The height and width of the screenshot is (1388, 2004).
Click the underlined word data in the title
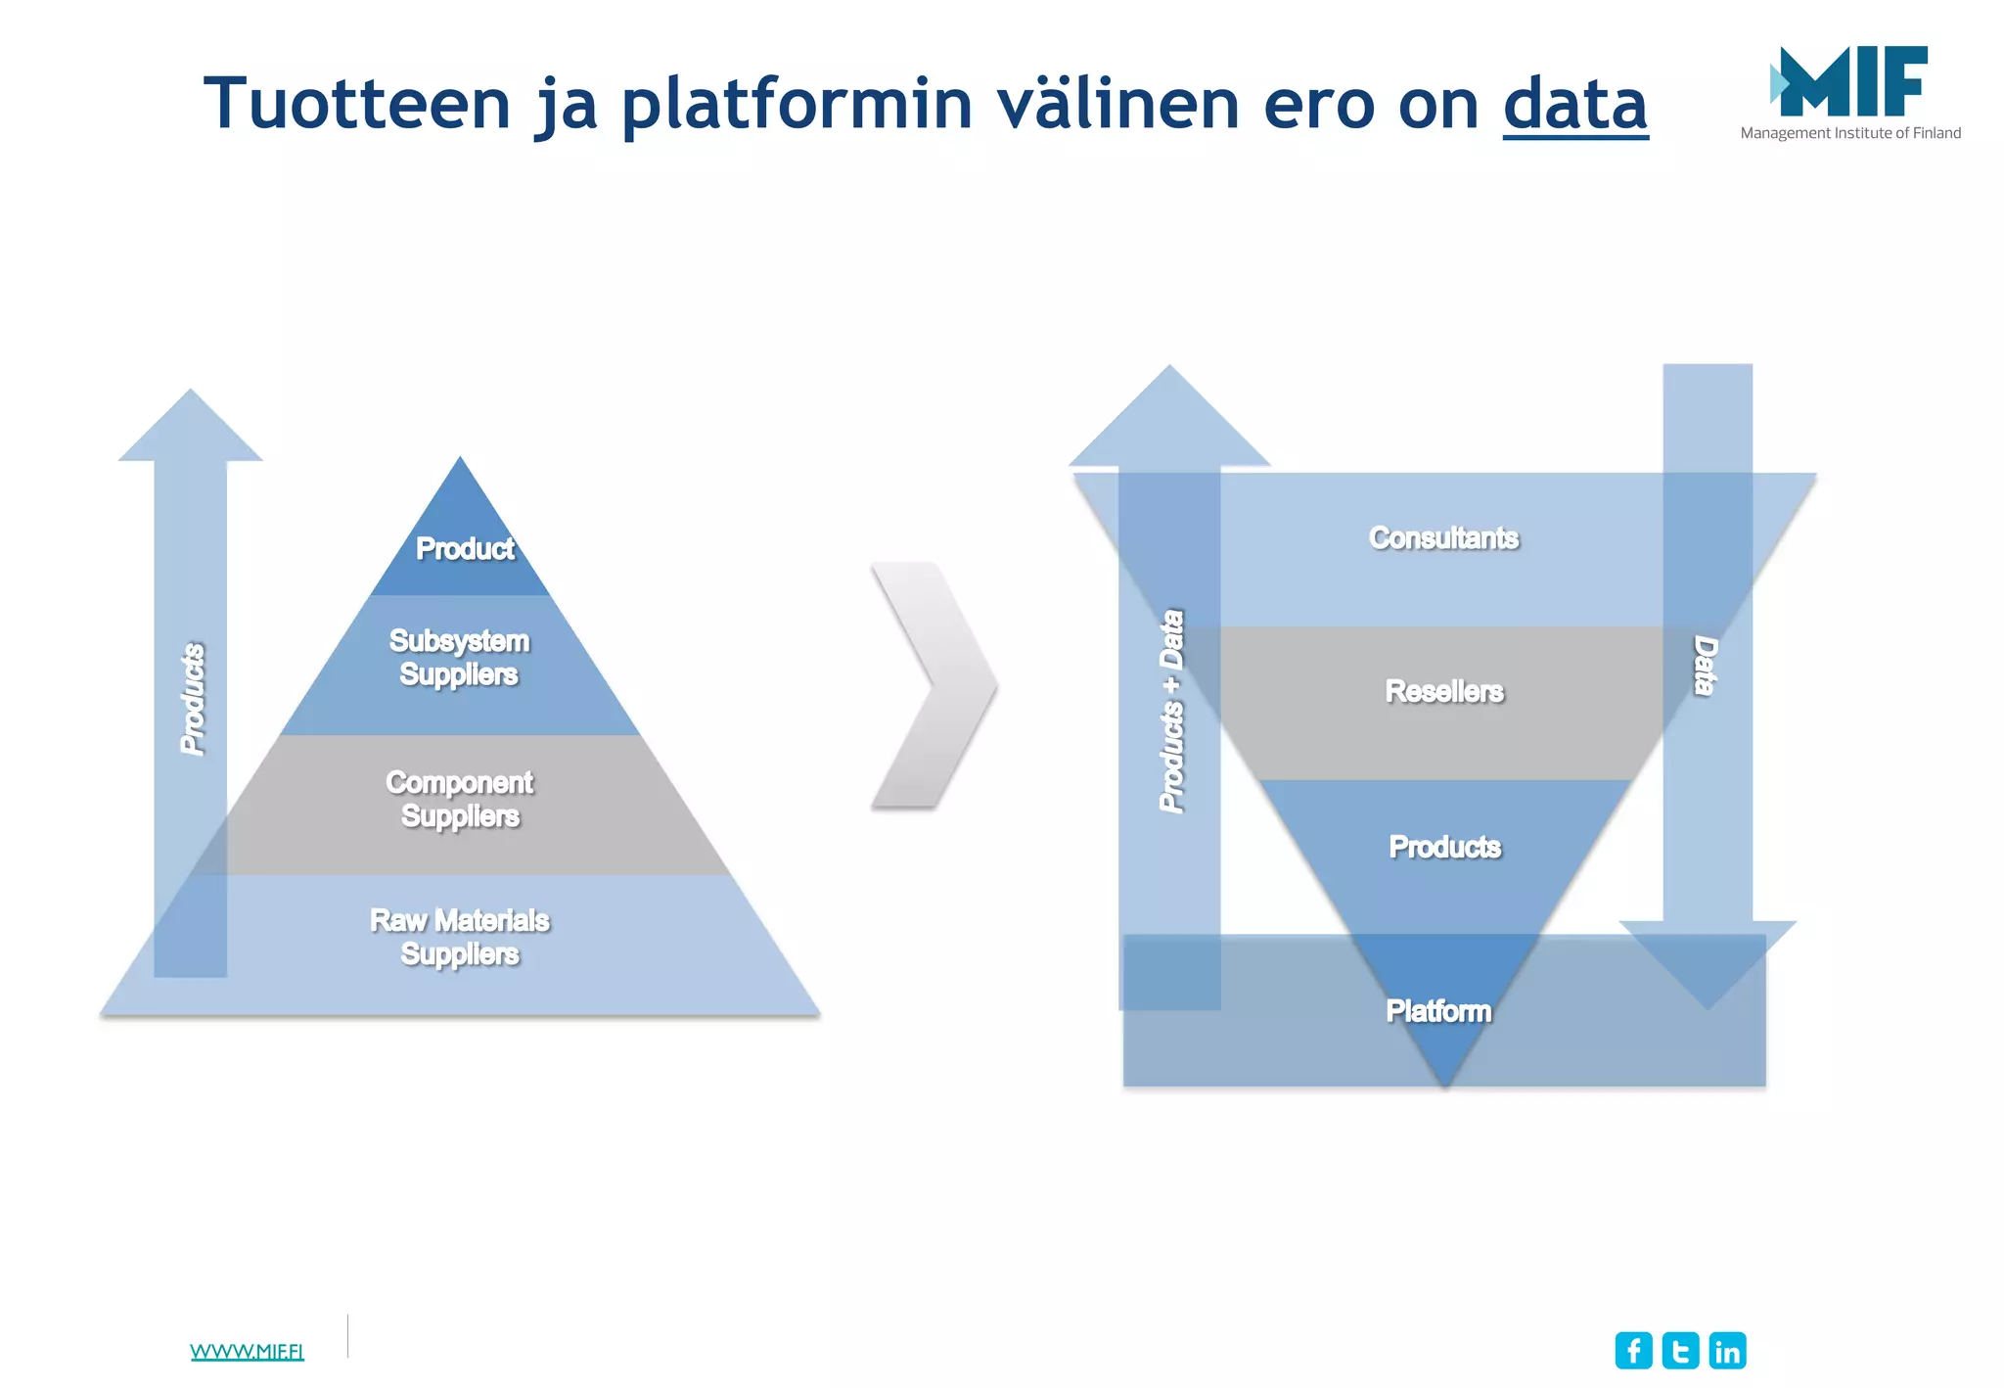(1574, 104)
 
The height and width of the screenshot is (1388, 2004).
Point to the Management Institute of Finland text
(1849, 133)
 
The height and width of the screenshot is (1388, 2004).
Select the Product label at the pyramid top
(465, 549)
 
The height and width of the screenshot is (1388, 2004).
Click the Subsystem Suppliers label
(459, 658)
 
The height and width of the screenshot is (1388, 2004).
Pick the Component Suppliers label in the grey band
(460, 799)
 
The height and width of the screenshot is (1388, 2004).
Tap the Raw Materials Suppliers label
(460, 937)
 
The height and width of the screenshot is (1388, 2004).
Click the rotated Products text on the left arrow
(194, 699)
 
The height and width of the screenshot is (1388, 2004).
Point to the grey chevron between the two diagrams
(934, 685)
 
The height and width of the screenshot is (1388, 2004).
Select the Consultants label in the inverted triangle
(1443, 538)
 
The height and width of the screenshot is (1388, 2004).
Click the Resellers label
(1444, 691)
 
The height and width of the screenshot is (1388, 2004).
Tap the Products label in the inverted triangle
(1444, 847)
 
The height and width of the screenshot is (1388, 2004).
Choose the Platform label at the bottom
(1438, 1011)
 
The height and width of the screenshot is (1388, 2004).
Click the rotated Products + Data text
(1171, 712)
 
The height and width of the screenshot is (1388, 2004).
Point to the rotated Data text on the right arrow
(1706, 666)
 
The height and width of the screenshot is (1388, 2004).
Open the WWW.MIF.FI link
(247, 1352)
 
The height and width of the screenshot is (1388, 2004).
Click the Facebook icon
(1633, 1351)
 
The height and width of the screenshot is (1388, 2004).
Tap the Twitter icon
(1680, 1351)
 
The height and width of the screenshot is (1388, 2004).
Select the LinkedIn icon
(1727, 1351)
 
